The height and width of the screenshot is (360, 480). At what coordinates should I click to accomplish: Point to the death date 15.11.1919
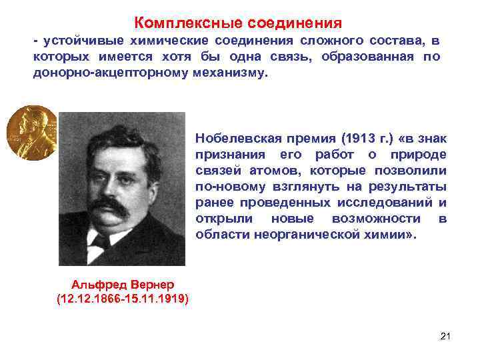(155, 297)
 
